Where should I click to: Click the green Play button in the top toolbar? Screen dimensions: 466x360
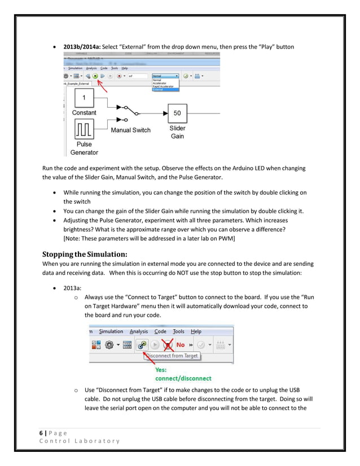(96, 76)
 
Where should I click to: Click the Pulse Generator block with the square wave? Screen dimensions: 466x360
(84, 131)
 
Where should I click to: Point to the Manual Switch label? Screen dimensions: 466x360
(130, 130)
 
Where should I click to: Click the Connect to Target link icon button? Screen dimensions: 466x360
(142, 345)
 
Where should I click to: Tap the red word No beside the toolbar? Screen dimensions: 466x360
(181, 345)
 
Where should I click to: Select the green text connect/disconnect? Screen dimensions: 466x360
(183, 378)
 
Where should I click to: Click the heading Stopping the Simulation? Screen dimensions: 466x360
(85, 254)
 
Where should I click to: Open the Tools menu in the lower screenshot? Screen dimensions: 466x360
(178, 332)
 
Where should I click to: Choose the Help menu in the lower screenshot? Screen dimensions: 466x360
(196, 332)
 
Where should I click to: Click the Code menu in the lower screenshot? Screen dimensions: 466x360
(160, 332)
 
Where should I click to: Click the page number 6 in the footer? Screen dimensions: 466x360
(41, 432)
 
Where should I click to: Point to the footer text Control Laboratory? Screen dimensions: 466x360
(80, 441)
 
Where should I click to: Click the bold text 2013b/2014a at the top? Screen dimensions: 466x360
(86, 46)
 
